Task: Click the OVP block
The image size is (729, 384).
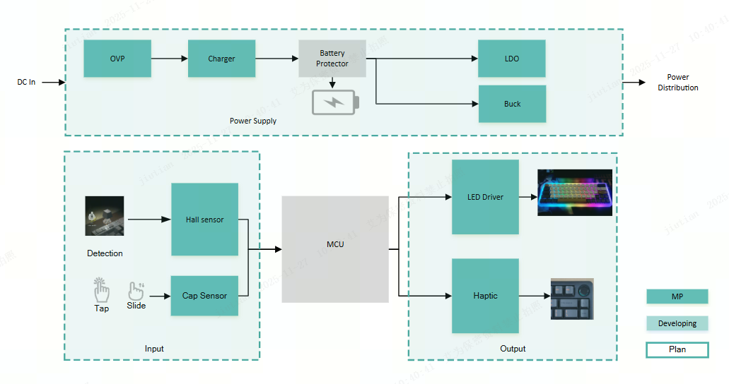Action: [117, 59]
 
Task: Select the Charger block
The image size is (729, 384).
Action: [221, 59]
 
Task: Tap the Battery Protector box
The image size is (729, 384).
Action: [332, 59]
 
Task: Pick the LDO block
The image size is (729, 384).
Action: [512, 59]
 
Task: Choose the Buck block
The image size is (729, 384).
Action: [512, 104]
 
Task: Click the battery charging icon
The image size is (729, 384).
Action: [336, 103]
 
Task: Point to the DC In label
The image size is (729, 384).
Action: [26, 82]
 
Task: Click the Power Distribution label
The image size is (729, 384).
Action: [677, 83]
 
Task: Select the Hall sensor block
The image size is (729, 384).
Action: [204, 220]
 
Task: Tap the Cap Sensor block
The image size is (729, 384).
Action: [204, 296]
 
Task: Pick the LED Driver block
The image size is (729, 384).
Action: [485, 197]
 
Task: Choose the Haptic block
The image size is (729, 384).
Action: [485, 296]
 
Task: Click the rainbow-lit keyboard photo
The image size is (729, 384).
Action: [574, 192]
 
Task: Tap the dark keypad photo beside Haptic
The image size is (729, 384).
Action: [572, 299]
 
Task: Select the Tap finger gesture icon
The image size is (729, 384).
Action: [102, 290]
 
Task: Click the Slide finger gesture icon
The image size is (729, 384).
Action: [136, 290]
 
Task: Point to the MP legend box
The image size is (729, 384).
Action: [677, 296]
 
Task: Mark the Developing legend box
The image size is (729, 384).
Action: [677, 323]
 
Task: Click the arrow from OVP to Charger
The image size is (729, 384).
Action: [169, 59]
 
